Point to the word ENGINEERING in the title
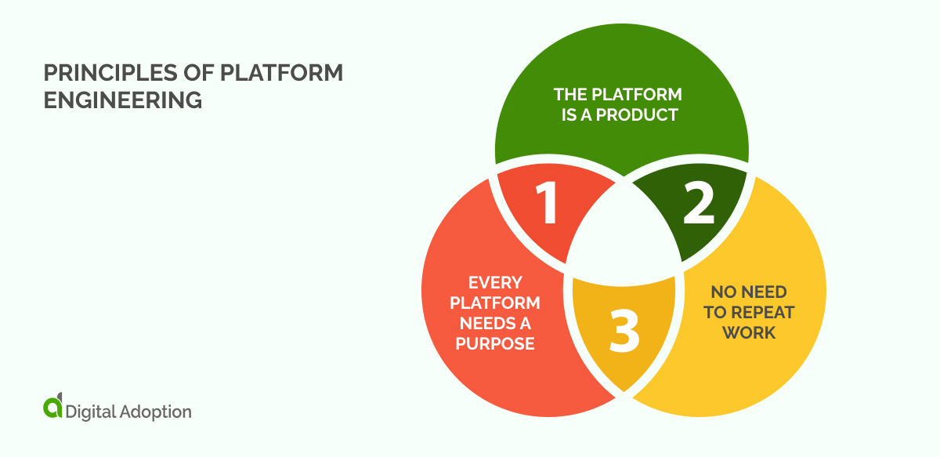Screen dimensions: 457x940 (x=122, y=100)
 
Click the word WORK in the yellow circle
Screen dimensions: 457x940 (x=749, y=332)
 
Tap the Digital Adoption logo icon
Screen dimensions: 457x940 (x=52, y=408)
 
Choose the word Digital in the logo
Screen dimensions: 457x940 (x=90, y=411)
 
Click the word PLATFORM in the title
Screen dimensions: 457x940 (x=280, y=74)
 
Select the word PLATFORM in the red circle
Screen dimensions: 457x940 (x=504, y=303)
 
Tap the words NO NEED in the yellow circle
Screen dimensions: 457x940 (x=749, y=292)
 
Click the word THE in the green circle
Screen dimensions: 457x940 (x=569, y=95)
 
